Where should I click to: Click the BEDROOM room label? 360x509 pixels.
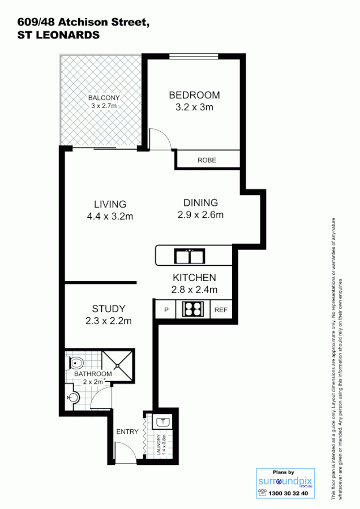(195, 95)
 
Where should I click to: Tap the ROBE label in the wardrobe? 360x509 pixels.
(207, 160)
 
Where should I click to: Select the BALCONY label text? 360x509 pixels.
(103, 97)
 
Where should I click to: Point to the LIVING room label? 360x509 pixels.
(110, 204)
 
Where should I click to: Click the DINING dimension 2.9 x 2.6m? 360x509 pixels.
(200, 214)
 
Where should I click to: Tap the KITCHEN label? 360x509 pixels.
(194, 278)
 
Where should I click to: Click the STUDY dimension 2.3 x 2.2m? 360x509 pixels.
(108, 321)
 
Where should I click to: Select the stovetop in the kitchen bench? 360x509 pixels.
(192, 309)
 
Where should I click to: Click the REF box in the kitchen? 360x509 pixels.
(220, 310)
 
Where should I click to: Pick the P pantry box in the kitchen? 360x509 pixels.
(166, 310)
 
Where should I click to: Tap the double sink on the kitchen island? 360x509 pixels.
(188, 257)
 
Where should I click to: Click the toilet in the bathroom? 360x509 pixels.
(76, 362)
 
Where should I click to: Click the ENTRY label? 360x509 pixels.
(127, 432)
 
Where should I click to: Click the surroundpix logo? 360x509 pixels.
(284, 482)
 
